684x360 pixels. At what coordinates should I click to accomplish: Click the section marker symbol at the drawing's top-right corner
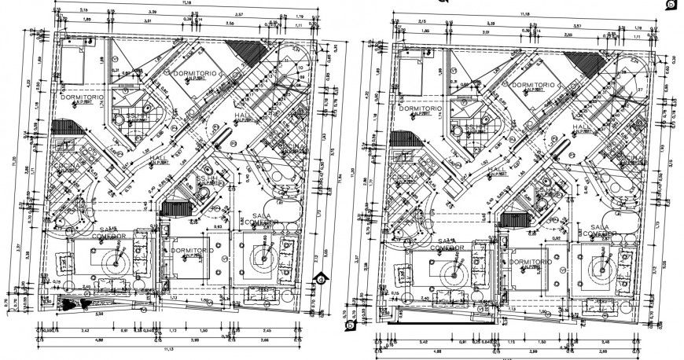pos(671,6)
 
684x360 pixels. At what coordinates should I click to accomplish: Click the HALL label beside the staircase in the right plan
pos(581,126)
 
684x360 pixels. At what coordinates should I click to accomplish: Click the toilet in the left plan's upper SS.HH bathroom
pos(120,119)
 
